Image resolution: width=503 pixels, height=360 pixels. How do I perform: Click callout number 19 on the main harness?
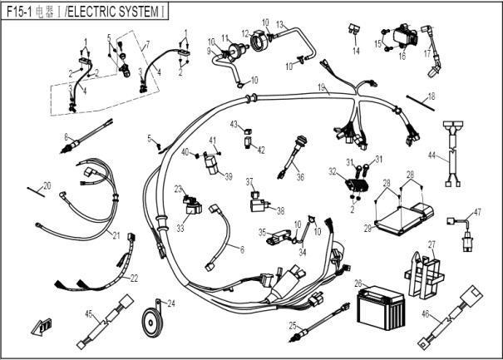(321, 87)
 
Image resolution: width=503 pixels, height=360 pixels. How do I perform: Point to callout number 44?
(432, 155)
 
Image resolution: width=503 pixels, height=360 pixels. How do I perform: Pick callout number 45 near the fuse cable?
(89, 313)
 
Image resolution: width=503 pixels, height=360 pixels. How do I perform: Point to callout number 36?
(300, 176)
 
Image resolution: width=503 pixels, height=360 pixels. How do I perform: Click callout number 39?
(229, 176)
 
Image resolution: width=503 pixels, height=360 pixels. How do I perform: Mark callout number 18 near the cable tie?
(430, 97)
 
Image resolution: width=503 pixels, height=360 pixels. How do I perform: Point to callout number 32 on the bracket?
(333, 171)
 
